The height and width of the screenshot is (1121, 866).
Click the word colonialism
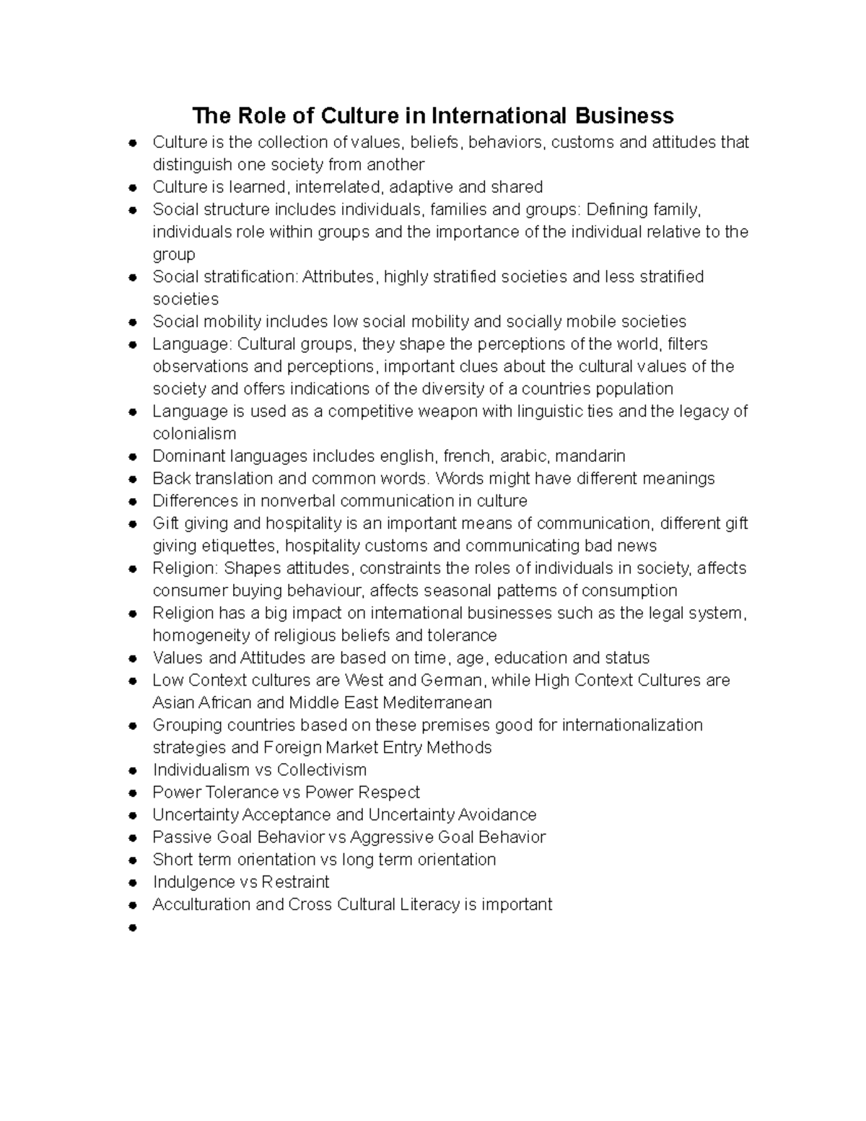194,434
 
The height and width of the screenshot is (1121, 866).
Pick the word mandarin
591,456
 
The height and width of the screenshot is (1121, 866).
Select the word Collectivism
322,769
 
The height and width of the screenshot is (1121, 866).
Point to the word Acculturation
202,904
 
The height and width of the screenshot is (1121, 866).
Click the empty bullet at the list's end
132,928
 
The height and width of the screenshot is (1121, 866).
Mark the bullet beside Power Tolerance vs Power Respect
132,793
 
